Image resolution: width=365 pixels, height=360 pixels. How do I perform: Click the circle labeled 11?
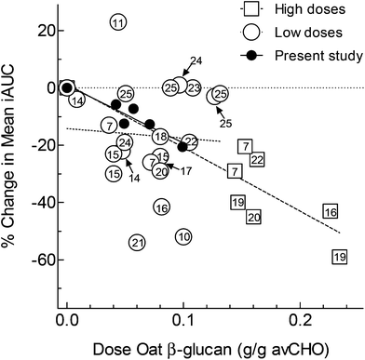click(x=118, y=23)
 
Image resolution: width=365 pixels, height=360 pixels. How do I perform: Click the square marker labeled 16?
click(x=330, y=212)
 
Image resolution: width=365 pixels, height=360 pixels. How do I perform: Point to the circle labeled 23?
click(x=193, y=87)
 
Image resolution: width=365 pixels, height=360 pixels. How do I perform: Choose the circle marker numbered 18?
click(x=160, y=137)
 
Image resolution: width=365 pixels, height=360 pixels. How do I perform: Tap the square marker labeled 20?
click(x=253, y=217)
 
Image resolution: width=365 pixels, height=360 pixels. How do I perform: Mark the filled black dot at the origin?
click(x=67, y=88)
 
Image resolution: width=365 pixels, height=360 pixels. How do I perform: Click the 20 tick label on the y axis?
click(x=37, y=30)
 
